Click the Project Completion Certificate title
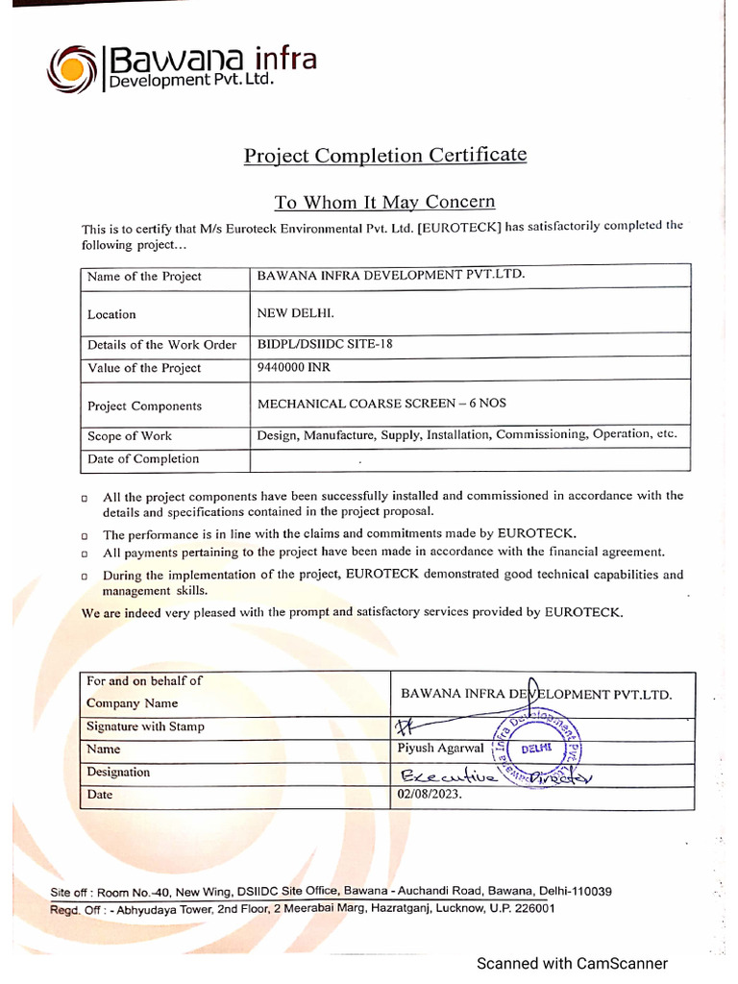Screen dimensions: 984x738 click(x=384, y=155)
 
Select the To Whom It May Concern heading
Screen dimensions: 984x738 click(x=384, y=202)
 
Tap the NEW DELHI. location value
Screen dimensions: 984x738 click(x=296, y=313)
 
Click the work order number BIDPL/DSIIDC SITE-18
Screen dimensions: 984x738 click(x=325, y=344)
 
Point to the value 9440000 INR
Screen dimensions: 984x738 click(x=294, y=367)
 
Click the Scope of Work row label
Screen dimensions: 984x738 click(x=130, y=435)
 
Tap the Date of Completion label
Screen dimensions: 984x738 click(x=143, y=458)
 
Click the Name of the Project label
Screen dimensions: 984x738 click(x=144, y=277)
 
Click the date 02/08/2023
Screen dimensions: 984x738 click(x=430, y=795)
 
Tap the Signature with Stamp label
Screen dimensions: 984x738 click(x=145, y=726)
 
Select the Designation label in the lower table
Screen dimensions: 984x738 click(x=118, y=772)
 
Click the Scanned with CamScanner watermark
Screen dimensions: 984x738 click(x=572, y=963)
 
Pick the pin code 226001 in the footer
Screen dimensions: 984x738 click(x=531, y=908)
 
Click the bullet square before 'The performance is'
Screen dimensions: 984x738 click(x=86, y=535)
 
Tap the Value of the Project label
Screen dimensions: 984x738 click(x=144, y=368)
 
